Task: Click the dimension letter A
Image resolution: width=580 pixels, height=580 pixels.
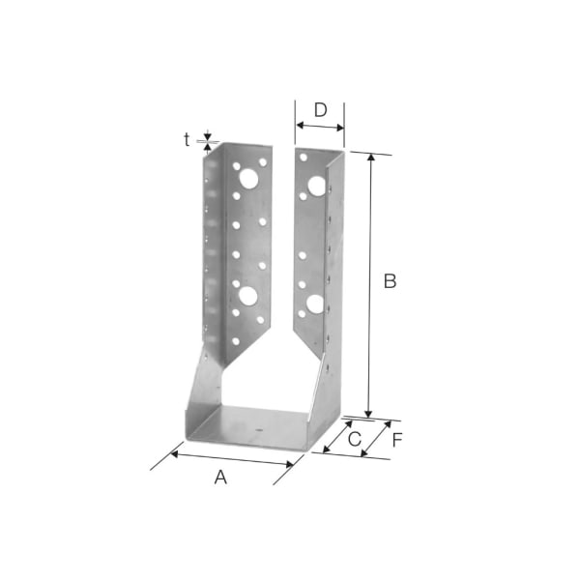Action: pos(220,477)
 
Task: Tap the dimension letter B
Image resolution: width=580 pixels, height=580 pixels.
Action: pos(390,281)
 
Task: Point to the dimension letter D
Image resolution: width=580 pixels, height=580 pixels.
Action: pos(321,107)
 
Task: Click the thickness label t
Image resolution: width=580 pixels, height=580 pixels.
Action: pos(187,139)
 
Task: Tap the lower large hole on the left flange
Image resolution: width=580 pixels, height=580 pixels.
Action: pos(247,295)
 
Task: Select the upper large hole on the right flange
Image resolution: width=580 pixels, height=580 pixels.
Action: pos(315,186)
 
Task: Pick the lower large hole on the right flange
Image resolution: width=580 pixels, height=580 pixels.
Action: pos(314,304)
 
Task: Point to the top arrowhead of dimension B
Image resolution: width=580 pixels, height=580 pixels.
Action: pos(369,157)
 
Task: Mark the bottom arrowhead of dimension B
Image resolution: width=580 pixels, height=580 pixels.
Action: pos(369,413)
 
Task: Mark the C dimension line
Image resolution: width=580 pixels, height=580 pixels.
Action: pos(338,436)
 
